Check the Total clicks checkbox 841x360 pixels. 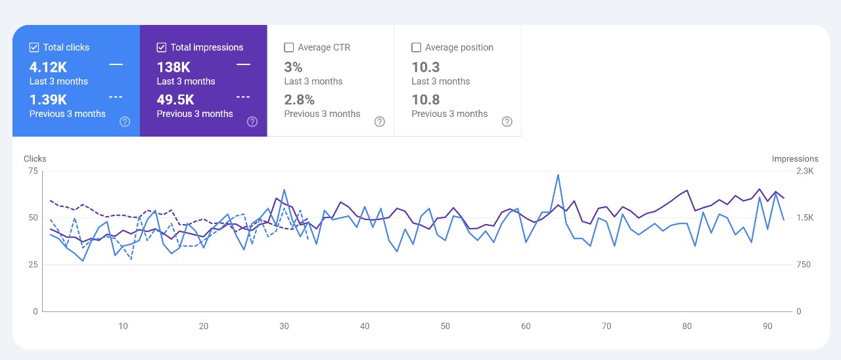[34, 47]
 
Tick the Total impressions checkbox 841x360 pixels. [162, 47]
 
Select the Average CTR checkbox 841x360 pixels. [288, 47]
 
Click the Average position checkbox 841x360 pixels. [416, 47]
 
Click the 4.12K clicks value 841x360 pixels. [48, 67]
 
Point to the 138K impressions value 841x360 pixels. [173, 67]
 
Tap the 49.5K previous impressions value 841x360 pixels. [175, 100]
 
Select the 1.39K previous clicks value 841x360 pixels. [48, 100]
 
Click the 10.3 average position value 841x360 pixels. [426, 67]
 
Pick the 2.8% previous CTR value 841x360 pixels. [299, 100]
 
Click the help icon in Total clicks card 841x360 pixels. [125, 122]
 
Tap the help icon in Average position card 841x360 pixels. [507, 122]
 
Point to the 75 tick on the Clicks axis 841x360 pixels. [34, 171]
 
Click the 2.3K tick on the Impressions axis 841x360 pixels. [804, 171]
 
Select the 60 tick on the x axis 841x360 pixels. [526, 326]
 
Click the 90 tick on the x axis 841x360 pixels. [767, 326]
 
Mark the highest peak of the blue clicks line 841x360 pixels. [558, 175]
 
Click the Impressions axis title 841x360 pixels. [795, 159]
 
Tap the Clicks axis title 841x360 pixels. [35, 159]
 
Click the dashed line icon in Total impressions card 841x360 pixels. [243, 97]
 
